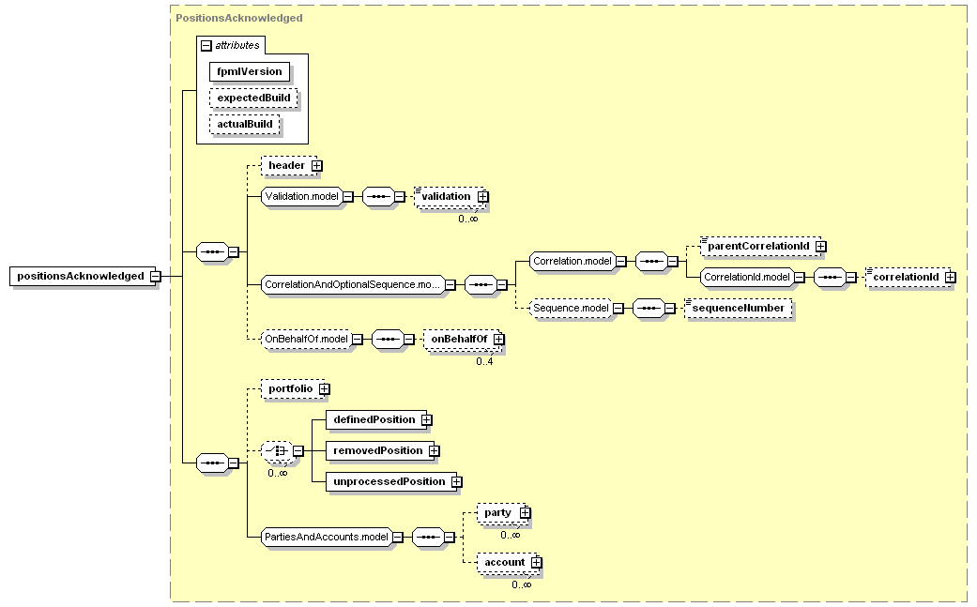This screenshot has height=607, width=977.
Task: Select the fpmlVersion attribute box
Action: (x=250, y=71)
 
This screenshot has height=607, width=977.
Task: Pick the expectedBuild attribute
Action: (x=253, y=98)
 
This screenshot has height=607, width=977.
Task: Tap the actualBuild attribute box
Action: (x=245, y=124)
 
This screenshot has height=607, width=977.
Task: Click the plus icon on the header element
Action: (x=317, y=166)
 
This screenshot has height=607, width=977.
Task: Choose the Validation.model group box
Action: (x=302, y=197)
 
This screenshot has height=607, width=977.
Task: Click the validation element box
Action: (x=450, y=197)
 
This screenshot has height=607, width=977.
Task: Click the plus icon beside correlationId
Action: (x=950, y=277)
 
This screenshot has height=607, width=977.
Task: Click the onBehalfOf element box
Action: (x=463, y=340)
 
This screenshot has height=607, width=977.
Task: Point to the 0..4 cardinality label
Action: (x=485, y=361)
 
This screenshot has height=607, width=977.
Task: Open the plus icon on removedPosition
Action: (x=435, y=450)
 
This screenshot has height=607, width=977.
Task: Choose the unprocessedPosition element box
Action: (x=391, y=482)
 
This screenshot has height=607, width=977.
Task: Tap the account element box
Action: (x=507, y=563)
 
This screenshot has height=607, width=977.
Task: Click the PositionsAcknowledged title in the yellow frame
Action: (x=239, y=18)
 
